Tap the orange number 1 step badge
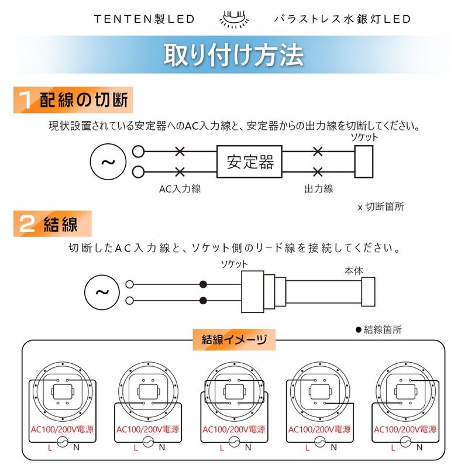[x=25, y=101]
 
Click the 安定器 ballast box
[x=250, y=162]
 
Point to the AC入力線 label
[x=180, y=189]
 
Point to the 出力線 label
[x=318, y=189]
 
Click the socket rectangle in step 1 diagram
[x=364, y=162]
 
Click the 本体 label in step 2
[x=354, y=271]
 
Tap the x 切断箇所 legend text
[x=380, y=207]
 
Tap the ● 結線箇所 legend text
[x=378, y=329]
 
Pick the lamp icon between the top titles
[x=234, y=19]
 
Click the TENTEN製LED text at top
[x=144, y=19]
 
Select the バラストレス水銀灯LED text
[x=342, y=19]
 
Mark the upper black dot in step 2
[x=203, y=285]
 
